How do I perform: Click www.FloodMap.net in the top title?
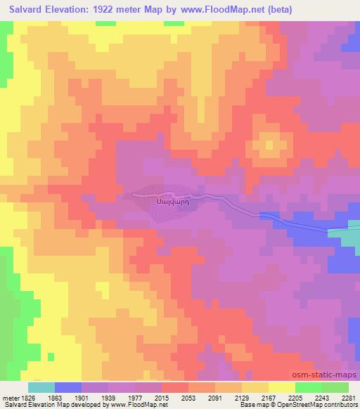(219, 10)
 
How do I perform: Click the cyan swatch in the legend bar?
(41, 387)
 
